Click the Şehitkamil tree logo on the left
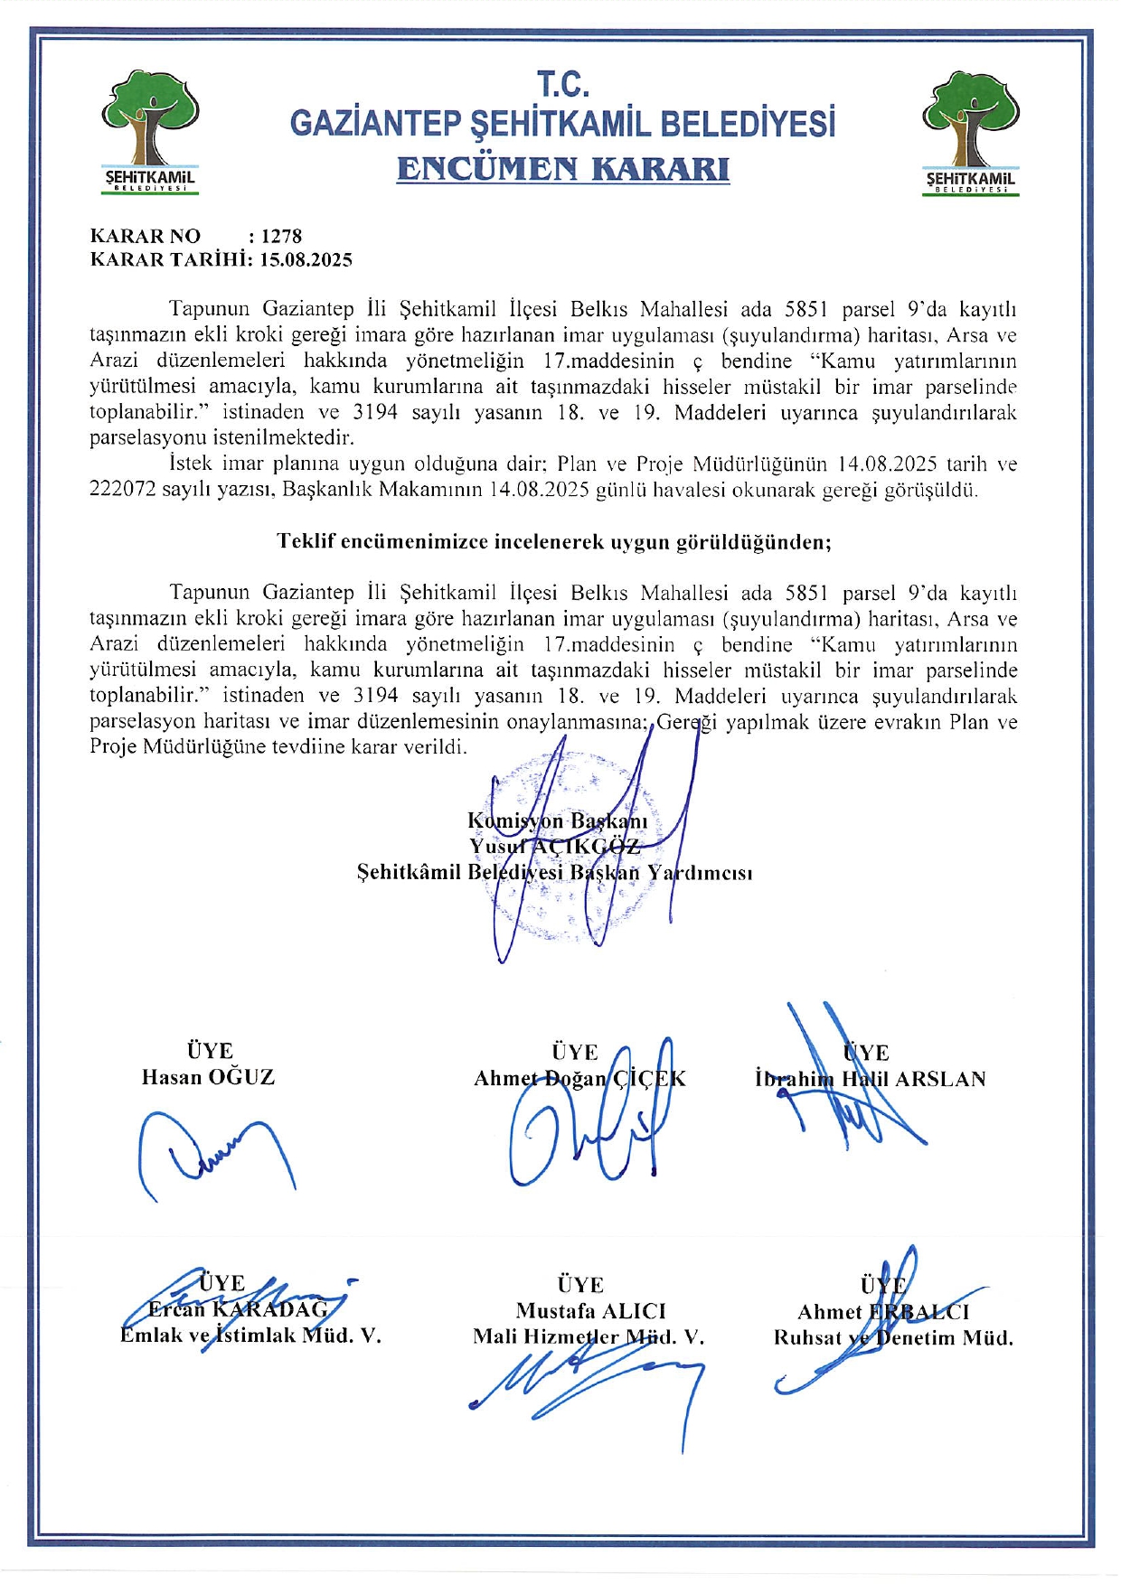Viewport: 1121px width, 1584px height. pos(150,132)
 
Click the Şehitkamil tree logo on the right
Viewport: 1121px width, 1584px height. pos(970,132)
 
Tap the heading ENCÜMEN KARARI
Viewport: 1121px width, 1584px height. pos(562,169)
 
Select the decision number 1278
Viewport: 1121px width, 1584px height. pos(281,237)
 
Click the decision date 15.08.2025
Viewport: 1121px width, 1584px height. pos(306,260)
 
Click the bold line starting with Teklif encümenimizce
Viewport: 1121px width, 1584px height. pos(553,542)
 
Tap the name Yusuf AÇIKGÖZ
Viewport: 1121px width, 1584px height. pos(554,847)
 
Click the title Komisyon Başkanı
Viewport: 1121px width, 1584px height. pos(557,820)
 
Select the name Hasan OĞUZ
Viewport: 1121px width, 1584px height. pos(208,1077)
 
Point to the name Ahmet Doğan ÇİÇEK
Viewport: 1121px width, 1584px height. pos(579,1079)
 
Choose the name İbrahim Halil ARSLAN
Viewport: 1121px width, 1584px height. pos(870,1079)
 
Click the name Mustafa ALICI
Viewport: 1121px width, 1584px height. pos(590,1311)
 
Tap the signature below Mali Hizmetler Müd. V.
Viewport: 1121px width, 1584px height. pos(588,1387)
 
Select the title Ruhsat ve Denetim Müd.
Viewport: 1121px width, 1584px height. pos(892,1338)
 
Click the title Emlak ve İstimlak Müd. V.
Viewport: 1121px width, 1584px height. pos(250,1336)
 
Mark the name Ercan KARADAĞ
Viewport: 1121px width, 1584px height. pos(239,1309)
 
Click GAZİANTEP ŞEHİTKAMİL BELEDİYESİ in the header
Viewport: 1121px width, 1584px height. pos(562,124)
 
